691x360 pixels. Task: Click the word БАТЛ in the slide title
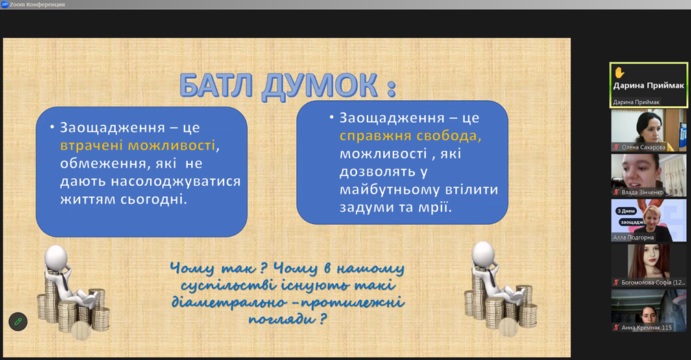pyautogui.click(x=216, y=86)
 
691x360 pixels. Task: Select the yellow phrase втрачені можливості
pyautogui.click(x=138, y=145)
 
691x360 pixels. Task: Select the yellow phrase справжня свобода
pyautogui.click(x=409, y=136)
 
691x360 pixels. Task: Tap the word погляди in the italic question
pyautogui.click(x=282, y=319)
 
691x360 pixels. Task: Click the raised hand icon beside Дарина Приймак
pyautogui.click(x=620, y=72)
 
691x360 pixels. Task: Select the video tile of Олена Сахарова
pyautogui.click(x=648, y=130)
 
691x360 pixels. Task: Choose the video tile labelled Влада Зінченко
pyautogui.click(x=648, y=176)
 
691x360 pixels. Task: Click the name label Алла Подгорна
pyautogui.click(x=633, y=237)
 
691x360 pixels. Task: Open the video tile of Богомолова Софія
pyautogui.click(x=648, y=265)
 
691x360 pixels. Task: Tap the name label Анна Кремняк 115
pyautogui.click(x=646, y=327)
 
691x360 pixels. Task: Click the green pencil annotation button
pyautogui.click(x=18, y=322)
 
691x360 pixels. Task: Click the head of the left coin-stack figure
pyautogui.click(x=56, y=256)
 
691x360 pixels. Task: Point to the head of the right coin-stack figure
pyautogui.click(x=483, y=252)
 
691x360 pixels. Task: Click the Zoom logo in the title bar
pyautogui.click(x=5, y=4)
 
